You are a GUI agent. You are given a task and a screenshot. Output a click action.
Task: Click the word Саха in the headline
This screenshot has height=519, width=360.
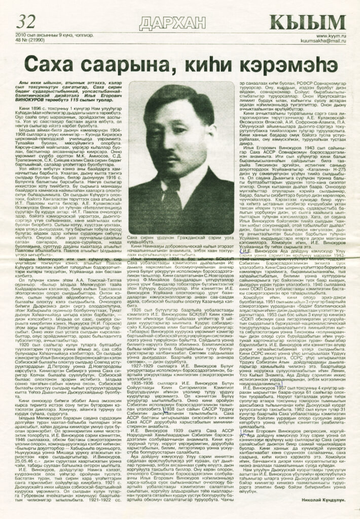53,64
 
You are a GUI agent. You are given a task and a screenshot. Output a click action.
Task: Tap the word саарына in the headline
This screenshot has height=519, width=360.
122,65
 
